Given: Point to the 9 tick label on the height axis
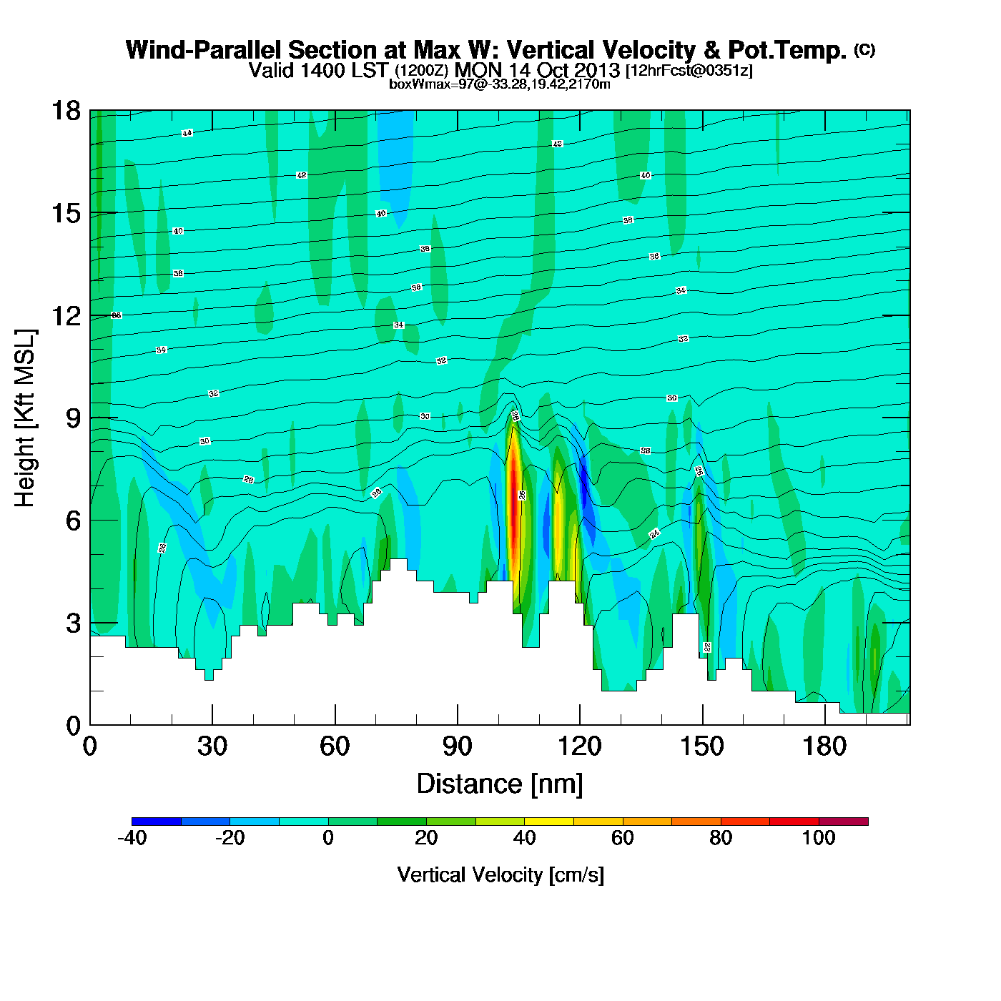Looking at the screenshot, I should pyautogui.click(x=73, y=418).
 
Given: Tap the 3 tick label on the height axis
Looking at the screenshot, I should pyautogui.click(x=73, y=623).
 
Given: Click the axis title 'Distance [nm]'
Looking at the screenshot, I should pyautogui.click(x=500, y=784).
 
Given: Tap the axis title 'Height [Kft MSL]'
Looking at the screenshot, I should pyautogui.click(x=26, y=418).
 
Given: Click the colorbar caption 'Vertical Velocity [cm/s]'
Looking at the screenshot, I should pyautogui.click(x=500, y=874).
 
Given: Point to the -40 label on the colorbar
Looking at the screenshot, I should pyautogui.click(x=132, y=838).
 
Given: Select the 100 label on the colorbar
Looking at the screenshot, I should pyautogui.click(x=819, y=838).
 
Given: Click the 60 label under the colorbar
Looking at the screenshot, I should pyautogui.click(x=623, y=838).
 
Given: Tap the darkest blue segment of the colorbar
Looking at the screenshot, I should pyautogui.click(x=157, y=822).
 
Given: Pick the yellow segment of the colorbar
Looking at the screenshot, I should pyautogui.click(x=549, y=822).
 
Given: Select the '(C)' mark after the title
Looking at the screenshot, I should pyautogui.click(x=864, y=49).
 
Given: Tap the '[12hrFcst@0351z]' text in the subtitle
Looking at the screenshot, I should pyautogui.click(x=689, y=71).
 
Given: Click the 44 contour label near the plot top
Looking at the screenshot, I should pyautogui.click(x=187, y=133).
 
